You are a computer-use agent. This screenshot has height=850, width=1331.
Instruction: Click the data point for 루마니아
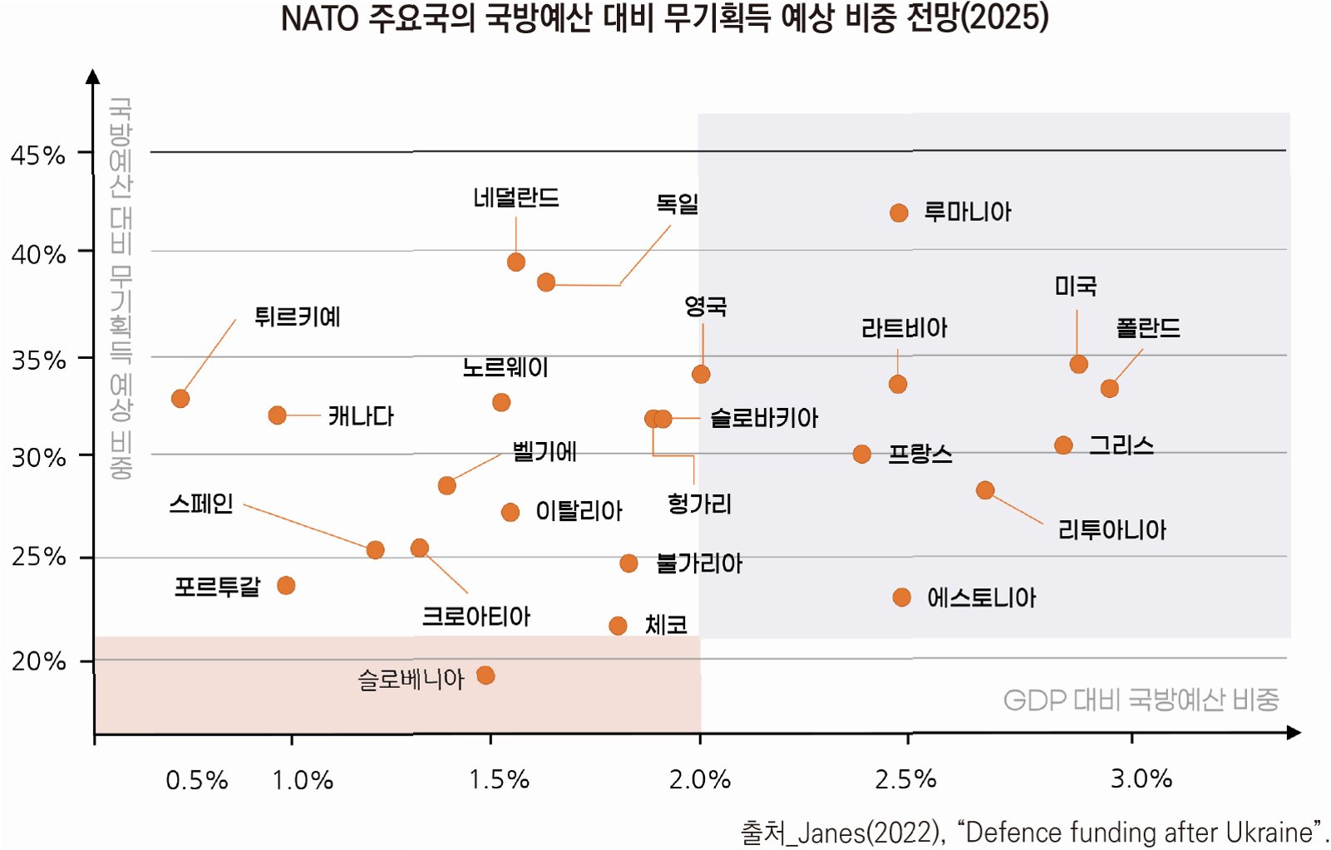click(x=899, y=213)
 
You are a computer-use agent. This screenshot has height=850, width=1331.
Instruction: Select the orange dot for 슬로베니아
click(x=486, y=676)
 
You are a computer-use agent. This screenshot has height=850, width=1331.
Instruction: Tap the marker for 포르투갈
click(x=287, y=586)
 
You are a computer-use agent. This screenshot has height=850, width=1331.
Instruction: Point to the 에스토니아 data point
click(x=901, y=597)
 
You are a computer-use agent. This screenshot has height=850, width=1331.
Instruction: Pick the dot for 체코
click(x=618, y=626)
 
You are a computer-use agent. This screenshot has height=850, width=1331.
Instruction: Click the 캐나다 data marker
click(x=277, y=415)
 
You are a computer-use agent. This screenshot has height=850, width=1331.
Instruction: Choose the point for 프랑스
click(x=861, y=454)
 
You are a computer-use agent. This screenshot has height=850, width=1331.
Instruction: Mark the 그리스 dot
click(x=1063, y=445)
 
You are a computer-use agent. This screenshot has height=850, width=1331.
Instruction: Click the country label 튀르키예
click(x=297, y=317)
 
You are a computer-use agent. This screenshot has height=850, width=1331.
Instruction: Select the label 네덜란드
click(x=515, y=197)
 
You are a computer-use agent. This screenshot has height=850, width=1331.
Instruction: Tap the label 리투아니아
click(x=1112, y=529)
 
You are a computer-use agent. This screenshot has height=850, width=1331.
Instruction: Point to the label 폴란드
click(x=1148, y=328)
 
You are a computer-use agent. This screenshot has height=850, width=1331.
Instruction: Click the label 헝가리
click(x=699, y=504)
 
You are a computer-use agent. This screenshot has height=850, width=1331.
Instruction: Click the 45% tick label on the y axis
click(x=38, y=155)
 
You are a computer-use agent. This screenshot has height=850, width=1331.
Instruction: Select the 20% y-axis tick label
click(x=38, y=661)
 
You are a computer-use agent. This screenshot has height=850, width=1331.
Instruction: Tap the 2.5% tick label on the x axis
click(x=905, y=779)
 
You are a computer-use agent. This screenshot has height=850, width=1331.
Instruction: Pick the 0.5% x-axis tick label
click(x=197, y=780)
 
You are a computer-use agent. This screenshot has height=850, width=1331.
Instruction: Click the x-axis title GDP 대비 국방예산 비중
click(x=1141, y=700)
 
